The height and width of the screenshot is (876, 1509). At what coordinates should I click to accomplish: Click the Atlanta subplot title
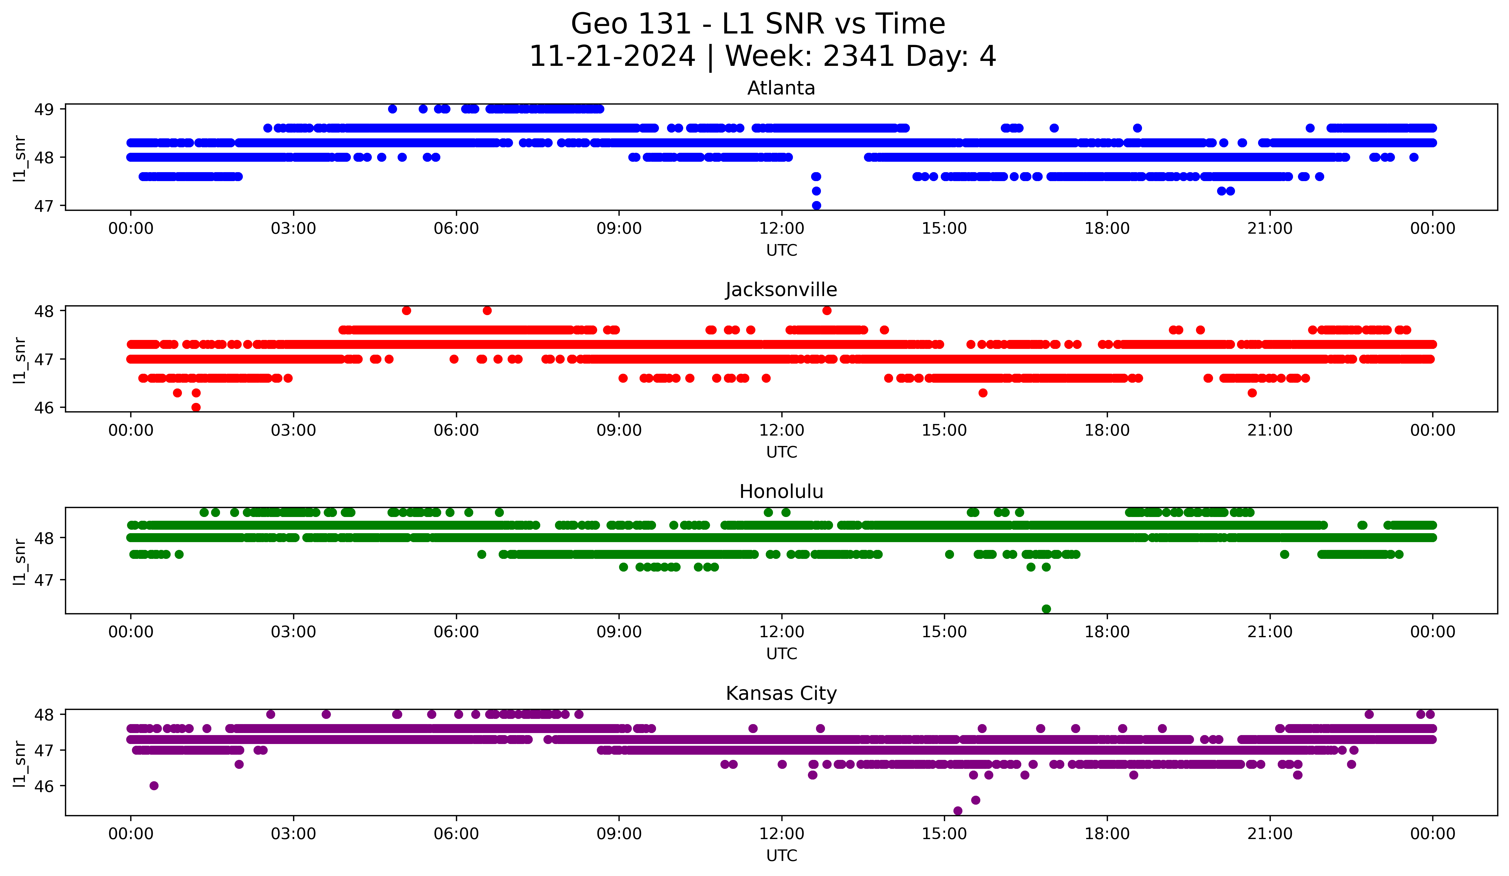[781, 88]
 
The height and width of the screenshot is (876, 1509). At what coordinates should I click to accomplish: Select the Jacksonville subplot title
[781, 290]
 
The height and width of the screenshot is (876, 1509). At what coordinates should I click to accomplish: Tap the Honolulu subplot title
[781, 492]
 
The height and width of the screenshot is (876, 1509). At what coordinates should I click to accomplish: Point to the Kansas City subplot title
[781, 693]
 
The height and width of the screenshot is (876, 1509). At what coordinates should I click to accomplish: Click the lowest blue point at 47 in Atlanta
[816, 205]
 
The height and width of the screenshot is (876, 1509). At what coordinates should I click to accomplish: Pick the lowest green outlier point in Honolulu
[1046, 609]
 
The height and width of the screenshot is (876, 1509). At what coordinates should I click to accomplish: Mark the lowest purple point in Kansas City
[957, 811]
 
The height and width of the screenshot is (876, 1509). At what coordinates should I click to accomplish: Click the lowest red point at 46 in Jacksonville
[196, 407]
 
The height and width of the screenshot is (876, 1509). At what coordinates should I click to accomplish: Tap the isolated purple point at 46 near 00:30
[154, 786]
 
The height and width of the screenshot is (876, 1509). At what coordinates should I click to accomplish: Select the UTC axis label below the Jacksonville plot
[781, 452]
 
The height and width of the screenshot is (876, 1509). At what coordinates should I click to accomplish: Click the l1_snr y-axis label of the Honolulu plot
[20, 561]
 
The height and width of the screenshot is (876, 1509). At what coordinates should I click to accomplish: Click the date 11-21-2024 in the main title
[612, 56]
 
